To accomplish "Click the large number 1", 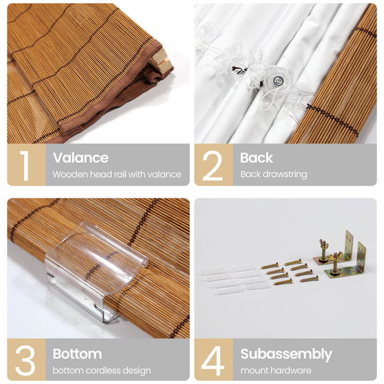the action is point(25,165).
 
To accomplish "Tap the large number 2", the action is point(212,165).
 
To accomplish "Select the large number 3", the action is point(25,361).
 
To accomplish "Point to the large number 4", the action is point(213,361).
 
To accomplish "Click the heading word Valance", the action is point(81,157).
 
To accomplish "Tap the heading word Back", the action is point(257,157).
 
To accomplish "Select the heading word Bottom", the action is point(77,354).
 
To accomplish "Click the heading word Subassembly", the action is point(286,354).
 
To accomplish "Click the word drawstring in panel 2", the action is point(284,174).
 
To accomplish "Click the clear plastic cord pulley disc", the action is point(277,80).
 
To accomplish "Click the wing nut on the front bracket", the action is point(335,257).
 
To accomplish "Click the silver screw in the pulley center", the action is point(278,80).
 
